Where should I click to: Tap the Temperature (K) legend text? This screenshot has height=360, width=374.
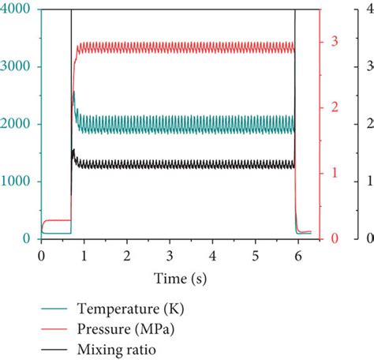[130, 307]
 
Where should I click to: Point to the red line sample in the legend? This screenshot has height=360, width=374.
[54, 327]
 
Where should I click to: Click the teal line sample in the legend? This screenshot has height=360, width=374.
[54, 308]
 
